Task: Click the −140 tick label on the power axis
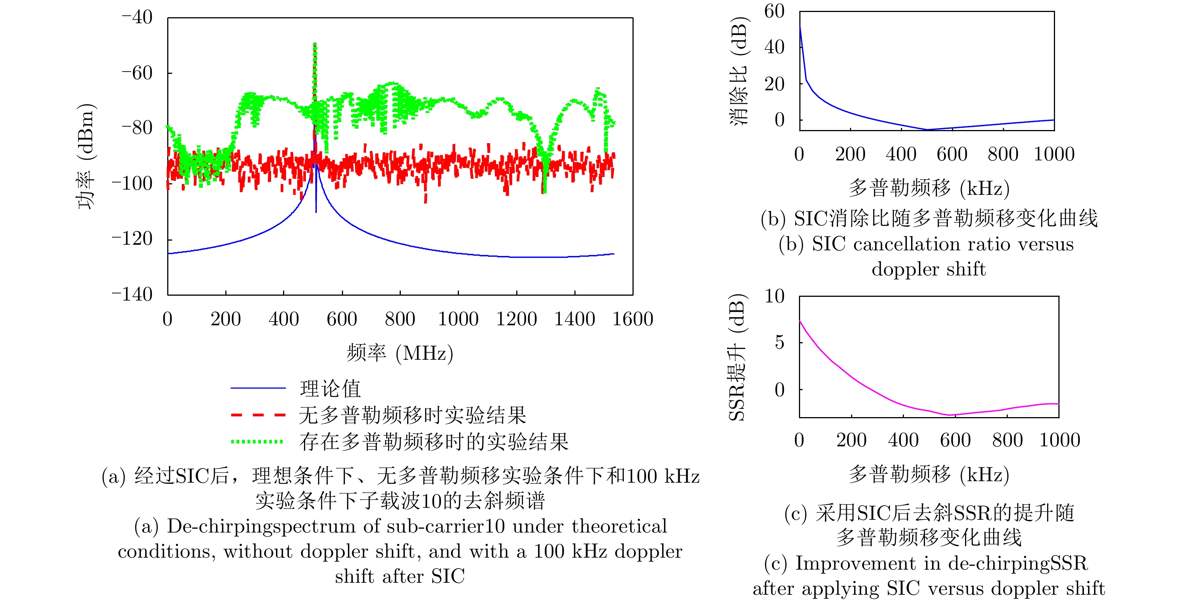tap(132, 294)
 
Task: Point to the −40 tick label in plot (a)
tap(136, 17)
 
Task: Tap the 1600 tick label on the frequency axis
tap(633, 319)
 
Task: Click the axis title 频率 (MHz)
tap(400, 353)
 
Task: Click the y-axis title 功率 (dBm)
tap(86, 156)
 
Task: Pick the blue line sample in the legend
tap(258, 388)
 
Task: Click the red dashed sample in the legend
tap(258, 415)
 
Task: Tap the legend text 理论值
tap(330, 389)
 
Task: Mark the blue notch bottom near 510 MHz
tap(316, 212)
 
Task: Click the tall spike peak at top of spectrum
tap(315, 44)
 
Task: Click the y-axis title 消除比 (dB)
tap(739, 71)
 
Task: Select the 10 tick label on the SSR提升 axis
tap(774, 296)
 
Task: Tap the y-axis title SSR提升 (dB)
tap(738, 358)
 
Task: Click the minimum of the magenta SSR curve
tap(948, 415)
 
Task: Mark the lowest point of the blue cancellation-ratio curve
tap(927, 130)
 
